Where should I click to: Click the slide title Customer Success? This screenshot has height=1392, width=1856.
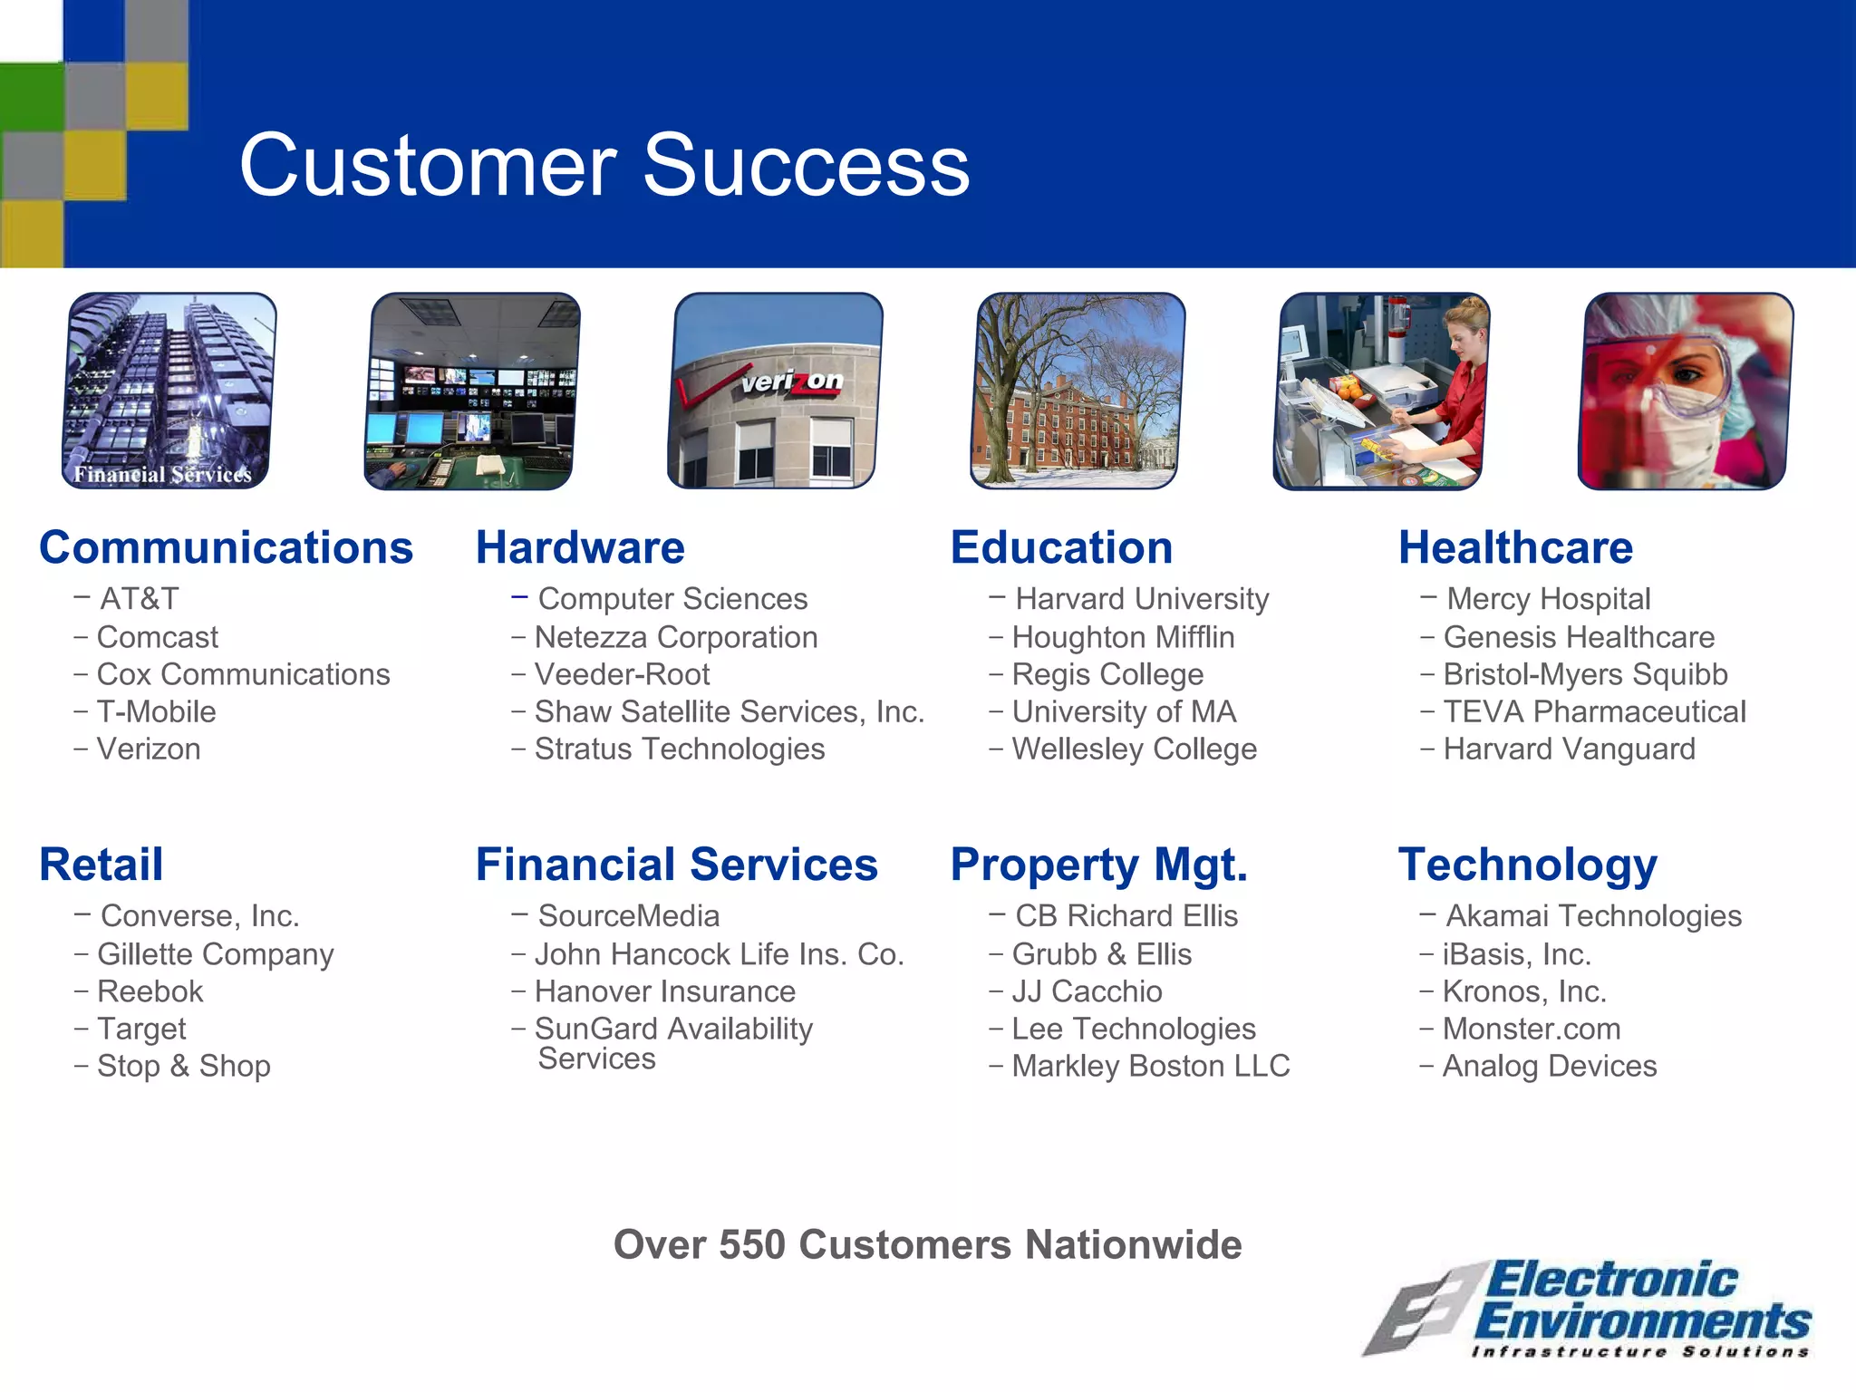pos(604,165)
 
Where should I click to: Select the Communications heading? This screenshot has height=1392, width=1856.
pos(226,547)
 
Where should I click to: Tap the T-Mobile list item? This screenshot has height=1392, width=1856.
pos(156,712)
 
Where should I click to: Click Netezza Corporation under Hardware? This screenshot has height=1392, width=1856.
pos(675,637)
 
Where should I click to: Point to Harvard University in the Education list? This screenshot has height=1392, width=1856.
pos(1141,599)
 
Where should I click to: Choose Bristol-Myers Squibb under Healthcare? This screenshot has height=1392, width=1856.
pos(1584,674)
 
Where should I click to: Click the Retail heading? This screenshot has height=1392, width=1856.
pos(101,865)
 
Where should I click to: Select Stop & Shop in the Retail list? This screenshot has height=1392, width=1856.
pos(183,1066)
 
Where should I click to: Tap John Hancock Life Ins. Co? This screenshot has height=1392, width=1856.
pos(719,954)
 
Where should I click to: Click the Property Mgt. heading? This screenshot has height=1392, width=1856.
pos(1098,865)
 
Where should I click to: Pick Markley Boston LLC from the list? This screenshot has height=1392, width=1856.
pos(1150,1066)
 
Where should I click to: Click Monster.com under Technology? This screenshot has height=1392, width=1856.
pos(1531,1029)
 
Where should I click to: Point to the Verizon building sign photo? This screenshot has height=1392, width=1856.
pos(775,391)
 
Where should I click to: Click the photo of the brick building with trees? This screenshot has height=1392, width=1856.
pos(1078,391)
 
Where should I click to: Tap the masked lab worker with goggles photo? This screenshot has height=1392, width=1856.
pos(1685,391)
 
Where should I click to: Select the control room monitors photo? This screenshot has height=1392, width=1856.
pos(472,391)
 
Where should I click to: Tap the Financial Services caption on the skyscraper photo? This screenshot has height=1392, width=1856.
pos(162,474)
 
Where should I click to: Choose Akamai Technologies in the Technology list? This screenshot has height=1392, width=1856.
pos(1593,916)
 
